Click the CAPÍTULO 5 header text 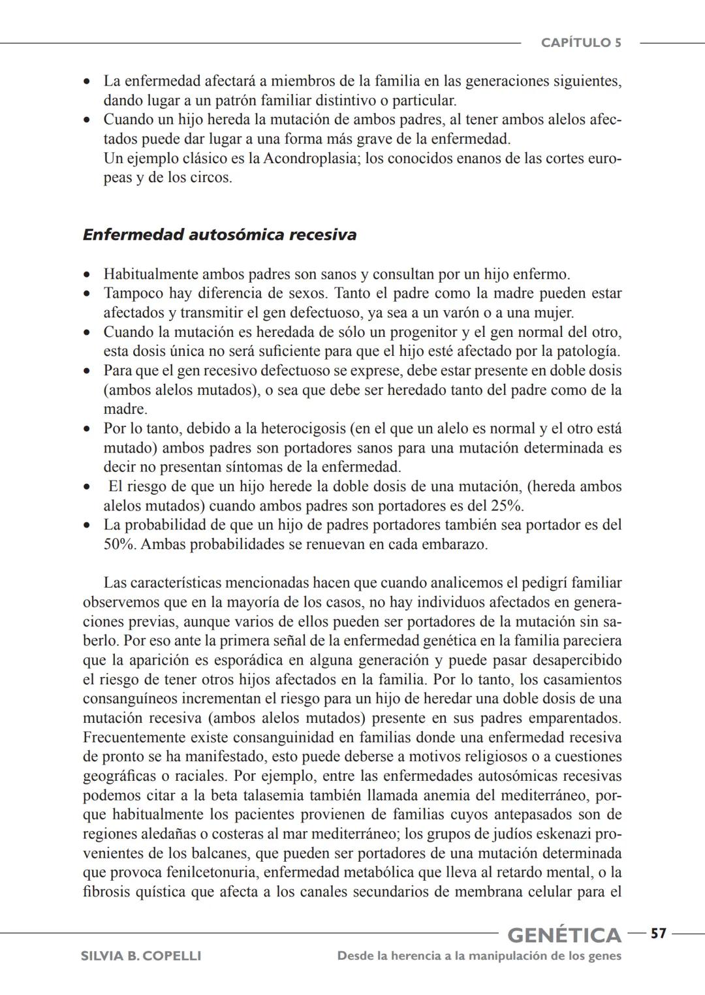pos(580,43)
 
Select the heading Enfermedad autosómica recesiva pos(219,234)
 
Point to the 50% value pos(119,545)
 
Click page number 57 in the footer pos(658,934)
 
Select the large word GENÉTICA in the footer pos(564,935)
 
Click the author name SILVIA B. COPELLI pos(140,956)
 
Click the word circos pos(210,178)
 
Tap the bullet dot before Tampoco pos(87,294)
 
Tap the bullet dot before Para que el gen pos(87,371)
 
